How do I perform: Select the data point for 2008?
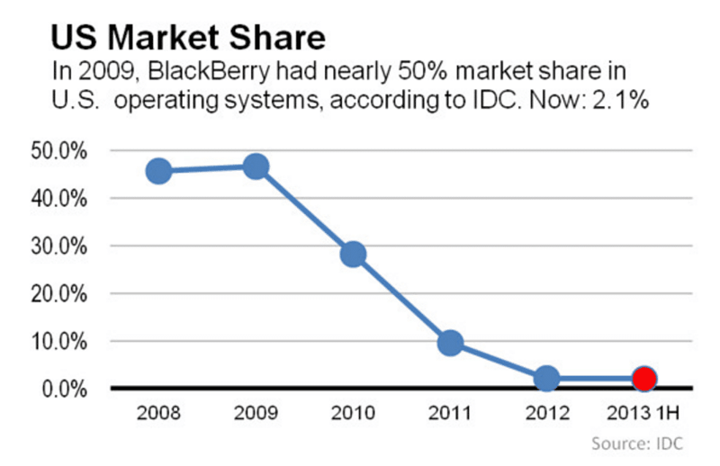[158, 170]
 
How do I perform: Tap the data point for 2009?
[256, 166]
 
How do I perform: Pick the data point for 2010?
[353, 255]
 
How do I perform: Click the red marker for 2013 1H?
[643, 379]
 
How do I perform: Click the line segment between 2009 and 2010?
[304, 211]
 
